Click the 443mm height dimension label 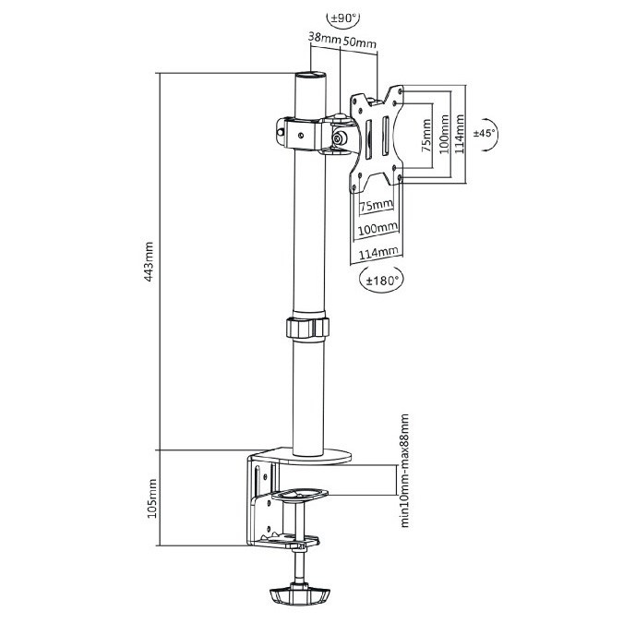[149, 261]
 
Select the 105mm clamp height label [151, 498]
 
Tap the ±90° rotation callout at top [343, 18]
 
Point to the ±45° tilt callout [485, 133]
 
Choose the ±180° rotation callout [381, 281]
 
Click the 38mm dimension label [325, 38]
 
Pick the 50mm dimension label [360, 42]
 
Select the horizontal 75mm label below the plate [377, 206]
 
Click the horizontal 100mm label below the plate [377, 229]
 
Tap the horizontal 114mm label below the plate [378, 253]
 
